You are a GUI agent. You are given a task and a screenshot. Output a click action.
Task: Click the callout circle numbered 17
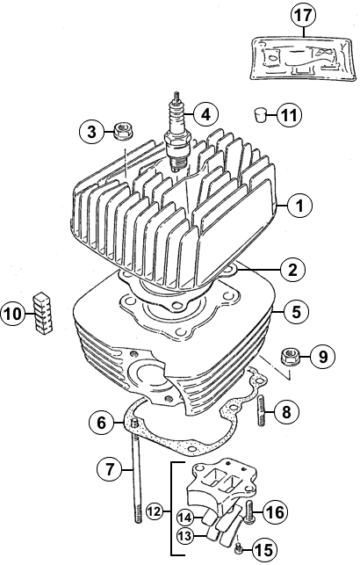[x=303, y=15]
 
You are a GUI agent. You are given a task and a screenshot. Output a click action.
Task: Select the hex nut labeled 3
[x=123, y=131]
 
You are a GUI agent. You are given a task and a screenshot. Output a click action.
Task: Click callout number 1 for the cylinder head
[x=299, y=206]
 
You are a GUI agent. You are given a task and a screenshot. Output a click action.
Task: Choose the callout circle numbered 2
[x=292, y=269]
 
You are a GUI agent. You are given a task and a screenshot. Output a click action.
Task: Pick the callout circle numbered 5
[x=296, y=312]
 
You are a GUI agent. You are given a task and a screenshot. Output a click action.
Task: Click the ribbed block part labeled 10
[x=43, y=311]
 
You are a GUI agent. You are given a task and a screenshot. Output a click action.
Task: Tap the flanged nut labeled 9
[x=291, y=358]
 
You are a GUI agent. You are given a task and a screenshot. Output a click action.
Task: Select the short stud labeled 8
[x=262, y=411]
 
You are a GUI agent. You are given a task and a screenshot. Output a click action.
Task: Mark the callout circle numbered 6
[x=102, y=422]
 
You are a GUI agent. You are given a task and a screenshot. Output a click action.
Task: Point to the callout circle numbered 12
[x=155, y=511]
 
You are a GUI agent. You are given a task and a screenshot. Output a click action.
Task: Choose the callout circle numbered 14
[x=186, y=518]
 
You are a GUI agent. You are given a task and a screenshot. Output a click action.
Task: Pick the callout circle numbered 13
[x=186, y=536]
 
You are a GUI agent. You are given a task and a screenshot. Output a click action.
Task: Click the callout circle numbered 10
[x=13, y=313]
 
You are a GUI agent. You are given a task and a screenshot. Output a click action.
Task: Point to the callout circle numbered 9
[x=322, y=357]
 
